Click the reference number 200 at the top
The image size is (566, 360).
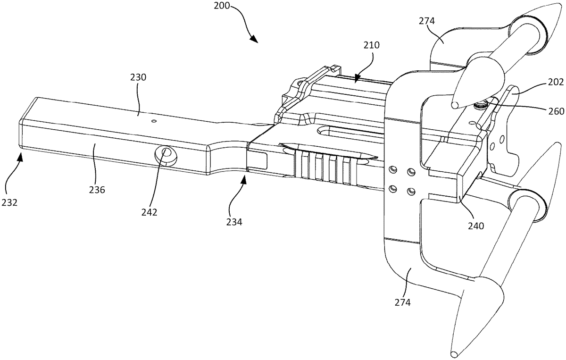tap(222, 6)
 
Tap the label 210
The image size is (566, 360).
tap(372, 45)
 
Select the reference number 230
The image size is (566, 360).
tap(138, 77)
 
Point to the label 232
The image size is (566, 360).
tap(9, 202)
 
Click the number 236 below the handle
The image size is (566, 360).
tap(97, 190)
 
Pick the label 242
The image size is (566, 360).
tap(149, 212)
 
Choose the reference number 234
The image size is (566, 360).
tap(234, 222)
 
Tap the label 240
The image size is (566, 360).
tap(476, 226)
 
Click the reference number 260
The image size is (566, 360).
tap(557, 111)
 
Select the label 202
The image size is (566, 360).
tap(556, 82)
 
